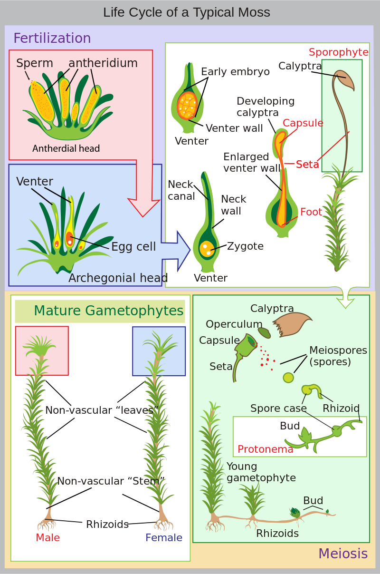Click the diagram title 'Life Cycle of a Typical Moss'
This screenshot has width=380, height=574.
(187, 12)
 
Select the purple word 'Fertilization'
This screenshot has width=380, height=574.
(52, 38)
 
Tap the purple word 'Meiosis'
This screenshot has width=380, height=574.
(342, 554)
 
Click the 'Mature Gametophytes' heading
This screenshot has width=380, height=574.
(108, 311)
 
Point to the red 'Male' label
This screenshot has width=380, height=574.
(47, 538)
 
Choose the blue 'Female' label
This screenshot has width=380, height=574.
(163, 538)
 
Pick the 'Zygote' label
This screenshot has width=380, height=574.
(245, 246)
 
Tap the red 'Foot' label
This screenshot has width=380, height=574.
(311, 212)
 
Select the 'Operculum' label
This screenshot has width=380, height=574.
(234, 324)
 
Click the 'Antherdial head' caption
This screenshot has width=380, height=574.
(66, 149)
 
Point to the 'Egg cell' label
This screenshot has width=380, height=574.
(133, 247)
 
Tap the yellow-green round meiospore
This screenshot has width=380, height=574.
(288, 378)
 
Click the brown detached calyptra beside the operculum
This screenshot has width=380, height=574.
(291, 324)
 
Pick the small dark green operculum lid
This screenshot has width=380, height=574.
(264, 333)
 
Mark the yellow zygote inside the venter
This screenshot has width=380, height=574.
(207, 248)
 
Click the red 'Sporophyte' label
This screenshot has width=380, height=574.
(338, 52)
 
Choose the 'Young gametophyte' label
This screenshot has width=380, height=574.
(261, 472)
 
